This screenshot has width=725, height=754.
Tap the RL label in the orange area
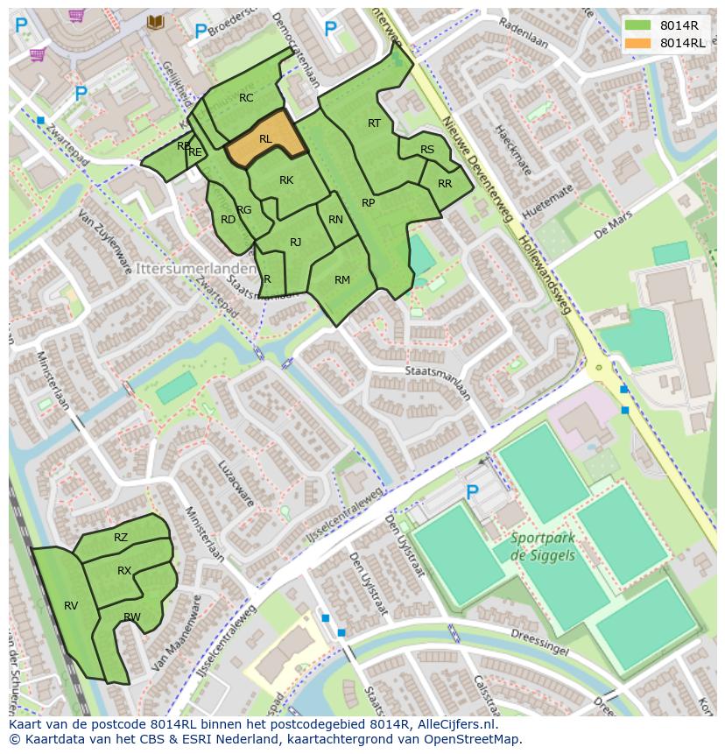click(265, 139)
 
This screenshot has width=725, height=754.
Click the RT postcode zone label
click(374, 123)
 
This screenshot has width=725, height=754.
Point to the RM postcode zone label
click(342, 280)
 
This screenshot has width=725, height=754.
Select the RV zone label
click(71, 606)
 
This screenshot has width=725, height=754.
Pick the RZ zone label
click(121, 538)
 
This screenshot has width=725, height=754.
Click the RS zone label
click(427, 150)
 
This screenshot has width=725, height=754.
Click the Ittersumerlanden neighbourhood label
click(194, 265)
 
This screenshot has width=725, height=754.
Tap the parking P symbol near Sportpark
click(473, 493)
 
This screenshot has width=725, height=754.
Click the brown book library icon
click(156, 22)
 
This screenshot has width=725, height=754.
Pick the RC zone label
click(246, 98)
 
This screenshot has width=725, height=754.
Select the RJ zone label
click(296, 243)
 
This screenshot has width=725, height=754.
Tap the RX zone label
click(124, 571)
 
